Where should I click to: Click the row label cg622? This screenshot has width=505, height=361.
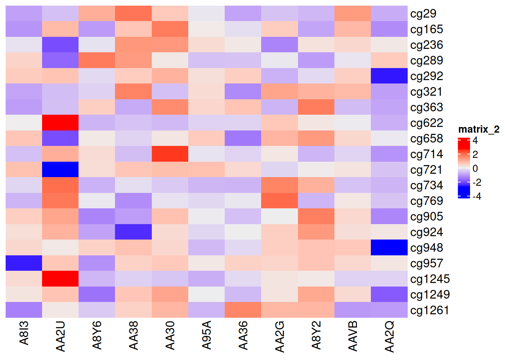pyautogui.click(x=426, y=123)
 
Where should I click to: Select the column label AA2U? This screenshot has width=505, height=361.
pyautogui.click(x=60, y=336)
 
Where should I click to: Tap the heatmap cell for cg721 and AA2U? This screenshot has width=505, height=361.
pyautogui.click(x=60, y=169)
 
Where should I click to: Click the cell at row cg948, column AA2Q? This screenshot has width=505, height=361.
pyautogui.click(x=389, y=247)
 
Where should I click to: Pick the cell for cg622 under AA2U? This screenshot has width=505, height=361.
pyautogui.click(x=60, y=123)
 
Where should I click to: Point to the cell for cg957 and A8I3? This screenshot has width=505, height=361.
pyautogui.click(x=24, y=263)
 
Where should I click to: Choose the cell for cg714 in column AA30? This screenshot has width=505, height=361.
pyautogui.click(x=170, y=154)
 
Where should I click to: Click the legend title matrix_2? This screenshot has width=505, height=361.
pyautogui.click(x=479, y=129)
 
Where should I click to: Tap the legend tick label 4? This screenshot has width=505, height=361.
pyautogui.click(x=475, y=141)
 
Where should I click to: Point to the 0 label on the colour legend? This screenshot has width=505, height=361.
pyautogui.click(x=475, y=168)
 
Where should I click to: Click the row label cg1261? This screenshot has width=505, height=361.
pyautogui.click(x=430, y=310)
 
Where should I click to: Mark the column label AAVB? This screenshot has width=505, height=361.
pyautogui.click(x=353, y=336)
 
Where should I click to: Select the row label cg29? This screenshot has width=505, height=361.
pyautogui.click(x=423, y=14)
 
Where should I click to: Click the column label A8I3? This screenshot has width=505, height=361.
pyautogui.click(x=24, y=333)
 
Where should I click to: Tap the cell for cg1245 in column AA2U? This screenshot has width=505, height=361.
pyautogui.click(x=60, y=279)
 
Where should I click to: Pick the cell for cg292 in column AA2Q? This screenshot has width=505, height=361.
pyautogui.click(x=389, y=76)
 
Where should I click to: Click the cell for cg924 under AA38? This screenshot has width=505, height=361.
pyautogui.click(x=133, y=232)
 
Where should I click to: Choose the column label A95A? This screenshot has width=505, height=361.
pyautogui.click(x=207, y=335)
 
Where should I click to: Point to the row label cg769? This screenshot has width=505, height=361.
pyautogui.click(x=426, y=201)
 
